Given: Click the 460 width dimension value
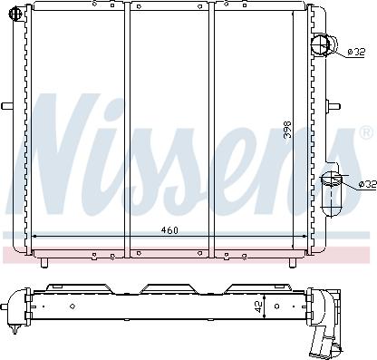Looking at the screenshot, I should pos(169,229).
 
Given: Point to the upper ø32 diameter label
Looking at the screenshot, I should pos(357,52).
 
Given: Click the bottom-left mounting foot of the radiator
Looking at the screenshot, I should pos(43,262).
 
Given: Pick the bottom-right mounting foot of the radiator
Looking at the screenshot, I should pos(289,262).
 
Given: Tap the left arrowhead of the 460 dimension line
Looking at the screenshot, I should pos(35,236).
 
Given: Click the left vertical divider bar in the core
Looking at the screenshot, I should pos(127,127).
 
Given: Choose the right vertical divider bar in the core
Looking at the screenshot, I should pos(212,127).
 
